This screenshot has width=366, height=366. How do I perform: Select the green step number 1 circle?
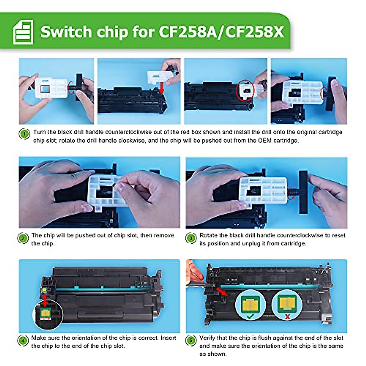click(24, 134)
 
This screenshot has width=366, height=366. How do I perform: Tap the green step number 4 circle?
click(23, 341)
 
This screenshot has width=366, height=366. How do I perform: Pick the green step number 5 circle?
click(191, 341)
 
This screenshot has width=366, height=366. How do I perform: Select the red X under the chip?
click(287, 318)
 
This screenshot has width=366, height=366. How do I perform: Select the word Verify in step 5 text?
click(207, 338)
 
